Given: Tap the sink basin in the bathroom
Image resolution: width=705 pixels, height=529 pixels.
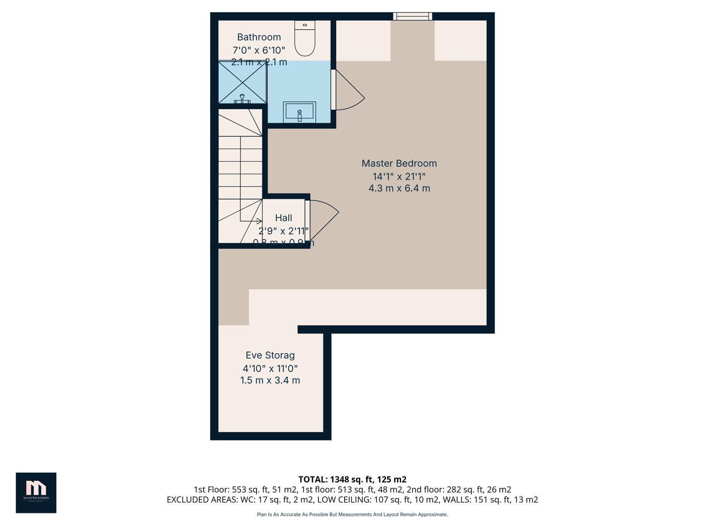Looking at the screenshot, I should pyautogui.click(x=299, y=112).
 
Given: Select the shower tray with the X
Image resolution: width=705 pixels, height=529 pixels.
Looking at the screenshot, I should pyautogui.click(x=242, y=82).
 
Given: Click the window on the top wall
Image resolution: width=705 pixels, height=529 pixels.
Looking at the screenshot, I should pyautogui.click(x=412, y=17).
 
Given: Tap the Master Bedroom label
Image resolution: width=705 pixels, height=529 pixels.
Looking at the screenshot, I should pyautogui.click(x=399, y=164).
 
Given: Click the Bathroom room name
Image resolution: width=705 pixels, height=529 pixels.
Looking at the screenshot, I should pyautogui.click(x=259, y=37).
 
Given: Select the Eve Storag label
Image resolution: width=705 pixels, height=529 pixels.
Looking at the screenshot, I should pyautogui.click(x=270, y=356).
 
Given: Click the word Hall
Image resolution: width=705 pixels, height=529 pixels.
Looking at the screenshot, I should pyautogui.click(x=283, y=218).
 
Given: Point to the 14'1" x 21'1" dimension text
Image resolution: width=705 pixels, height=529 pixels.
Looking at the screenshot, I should pyautogui.click(x=399, y=176).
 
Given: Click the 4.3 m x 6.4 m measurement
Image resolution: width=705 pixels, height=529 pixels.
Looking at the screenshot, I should pyautogui.click(x=399, y=189).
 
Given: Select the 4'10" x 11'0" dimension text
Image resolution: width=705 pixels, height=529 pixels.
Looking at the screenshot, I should pyautogui.click(x=270, y=368).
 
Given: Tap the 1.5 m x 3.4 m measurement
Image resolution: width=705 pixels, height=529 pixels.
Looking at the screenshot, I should pyautogui.click(x=270, y=381).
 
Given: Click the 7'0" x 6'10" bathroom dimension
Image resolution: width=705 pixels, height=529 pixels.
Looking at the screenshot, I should pyautogui.click(x=258, y=50).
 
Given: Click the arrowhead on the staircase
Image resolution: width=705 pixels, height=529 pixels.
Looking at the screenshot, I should pyautogui.click(x=259, y=221).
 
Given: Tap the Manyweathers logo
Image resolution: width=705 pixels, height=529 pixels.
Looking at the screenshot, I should pyautogui.click(x=36, y=492).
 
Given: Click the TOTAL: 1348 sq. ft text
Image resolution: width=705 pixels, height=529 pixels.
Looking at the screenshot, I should pyautogui.click(x=352, y=480).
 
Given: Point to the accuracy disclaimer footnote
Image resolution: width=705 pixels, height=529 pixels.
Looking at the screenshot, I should pyautogui.click(x=352, y=514).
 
